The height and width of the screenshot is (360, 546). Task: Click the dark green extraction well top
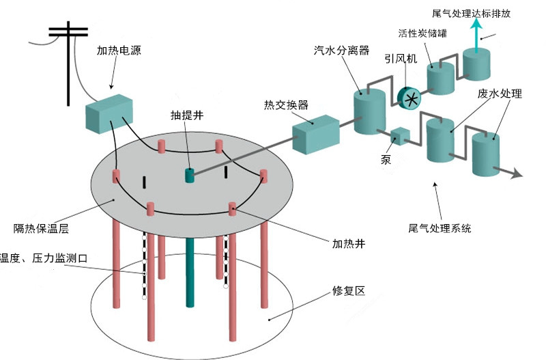coord(190,175)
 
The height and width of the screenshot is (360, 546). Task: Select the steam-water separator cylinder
coord(370,113)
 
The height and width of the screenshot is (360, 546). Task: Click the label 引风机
coord(401,59)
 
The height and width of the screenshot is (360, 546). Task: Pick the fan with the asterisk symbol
coord(409,98)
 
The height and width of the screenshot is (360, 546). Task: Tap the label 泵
coord(386,159)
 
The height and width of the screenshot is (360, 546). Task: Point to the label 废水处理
coord(500,94)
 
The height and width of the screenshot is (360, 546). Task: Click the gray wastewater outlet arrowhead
coord(518,174)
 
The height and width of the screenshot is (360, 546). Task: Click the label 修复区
coord(351,290)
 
